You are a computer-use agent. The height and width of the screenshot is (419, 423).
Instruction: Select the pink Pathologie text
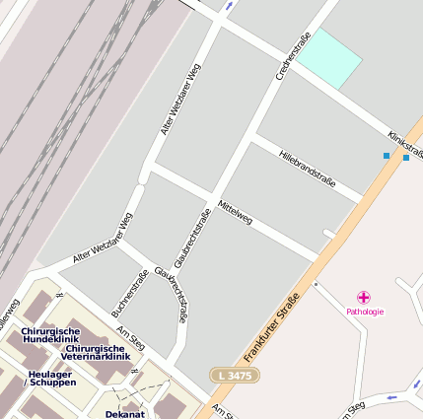coord(365,312)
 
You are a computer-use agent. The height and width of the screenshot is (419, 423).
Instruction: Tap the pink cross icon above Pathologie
coord(364,297)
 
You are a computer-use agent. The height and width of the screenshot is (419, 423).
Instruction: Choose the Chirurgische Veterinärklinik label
coord(96,353)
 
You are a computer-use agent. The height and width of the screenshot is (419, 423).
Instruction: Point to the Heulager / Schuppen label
coord(50,378)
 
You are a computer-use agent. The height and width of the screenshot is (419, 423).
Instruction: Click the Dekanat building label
coord(124,414)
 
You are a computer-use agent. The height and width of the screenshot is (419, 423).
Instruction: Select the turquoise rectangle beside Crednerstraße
coord(329,58)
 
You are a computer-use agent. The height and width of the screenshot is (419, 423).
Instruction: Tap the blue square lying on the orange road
coord(405,158)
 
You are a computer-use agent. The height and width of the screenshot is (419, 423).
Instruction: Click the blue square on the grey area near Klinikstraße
coord(386,156)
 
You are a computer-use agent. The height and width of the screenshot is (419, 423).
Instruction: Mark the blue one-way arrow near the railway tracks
coord(229,6)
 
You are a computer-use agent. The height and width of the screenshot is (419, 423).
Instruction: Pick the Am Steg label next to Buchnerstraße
coord(130,337)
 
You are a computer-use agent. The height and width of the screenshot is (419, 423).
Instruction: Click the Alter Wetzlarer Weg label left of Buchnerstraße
coord(102,240)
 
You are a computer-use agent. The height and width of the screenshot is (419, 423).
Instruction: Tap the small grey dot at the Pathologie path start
coord(316,285)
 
